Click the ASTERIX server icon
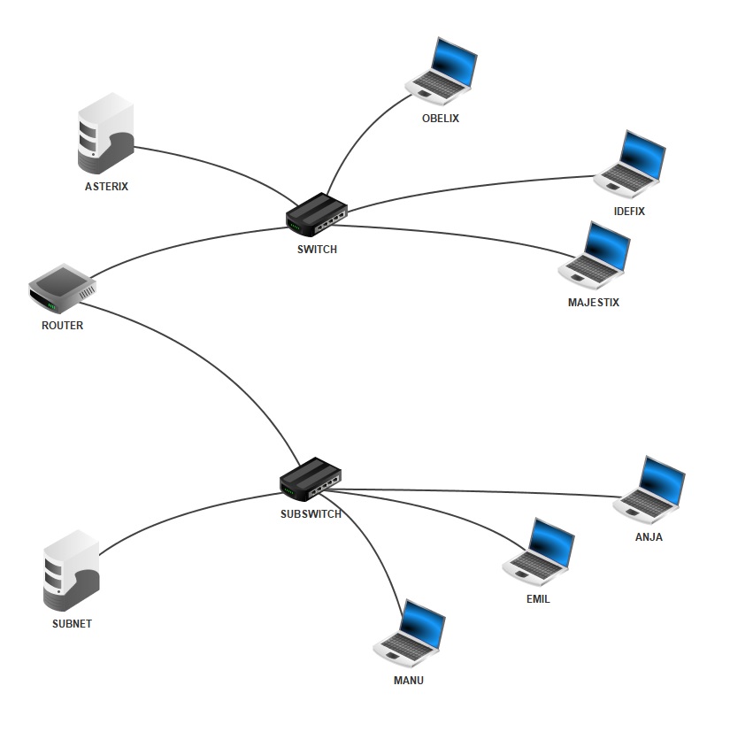(105, 135)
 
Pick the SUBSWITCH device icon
(310, 481)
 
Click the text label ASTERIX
(106, 187)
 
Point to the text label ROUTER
(62, 326)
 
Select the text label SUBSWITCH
(311, 514)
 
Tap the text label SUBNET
(72, 624)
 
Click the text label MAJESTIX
(594, 303)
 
